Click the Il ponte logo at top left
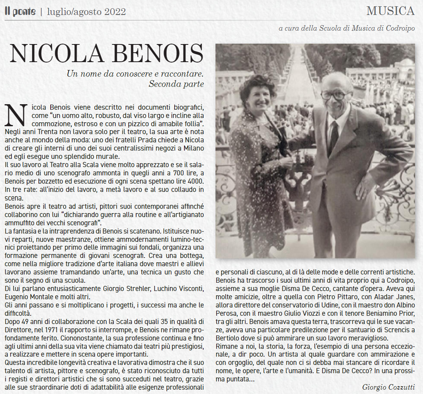click(20, 11)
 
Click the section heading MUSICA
click(390, 11)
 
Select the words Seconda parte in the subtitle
click(176, 84)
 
